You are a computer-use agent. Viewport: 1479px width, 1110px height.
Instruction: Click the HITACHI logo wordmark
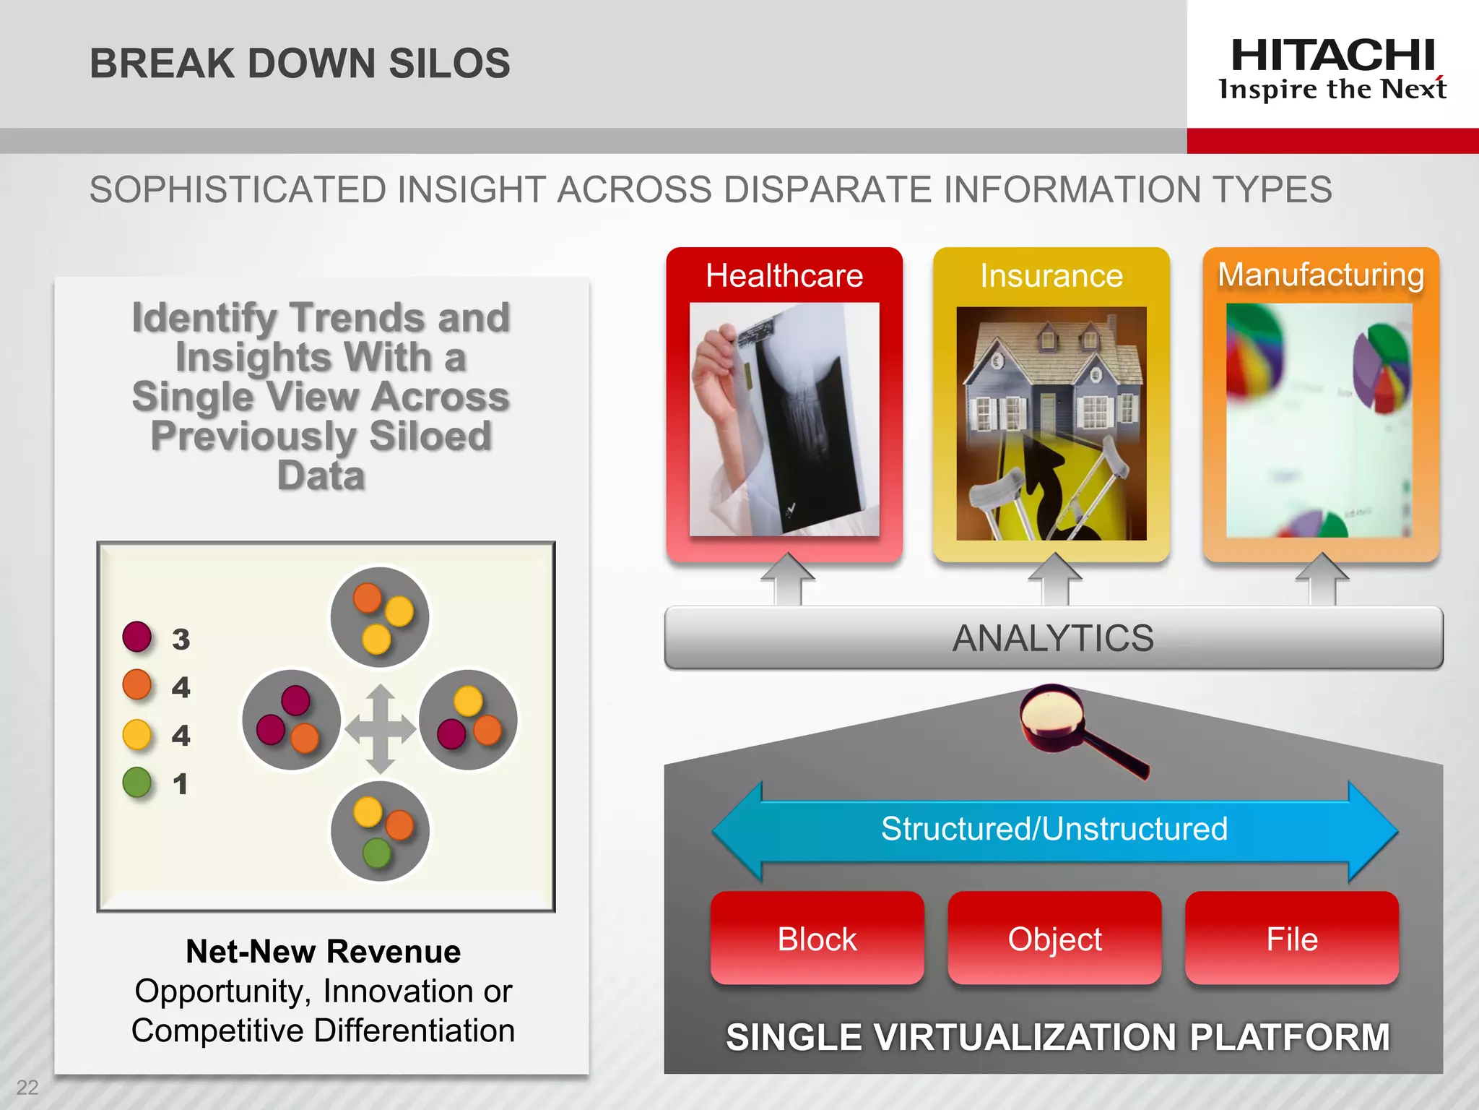pyautogui.click(x=1332, y=56)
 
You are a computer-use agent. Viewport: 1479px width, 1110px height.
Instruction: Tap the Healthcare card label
pyautogui.click(x=784, y=276)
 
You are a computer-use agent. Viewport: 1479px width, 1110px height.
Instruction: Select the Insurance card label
pyautogui.click(x=1051, y=276)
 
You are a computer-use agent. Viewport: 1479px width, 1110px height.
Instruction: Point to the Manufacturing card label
pyautogui.click(x=1321, y=275)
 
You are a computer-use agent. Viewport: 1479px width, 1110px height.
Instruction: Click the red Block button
pyautogui.click(x=817, y=939)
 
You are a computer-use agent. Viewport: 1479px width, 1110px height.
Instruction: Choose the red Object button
pyautogui.click(x=1054, y=939)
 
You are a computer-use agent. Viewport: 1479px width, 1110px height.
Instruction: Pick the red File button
pyautogui.click(x=1292, y=939)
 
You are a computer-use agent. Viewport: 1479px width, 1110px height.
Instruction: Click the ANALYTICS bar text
pyautogui.click(x=1053, y=638)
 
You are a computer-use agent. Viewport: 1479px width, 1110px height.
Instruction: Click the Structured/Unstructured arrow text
pyautogui.click(x=1054, y=829)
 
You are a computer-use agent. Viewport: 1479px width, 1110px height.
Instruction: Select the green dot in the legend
pyautogui.click(x=137, y=782)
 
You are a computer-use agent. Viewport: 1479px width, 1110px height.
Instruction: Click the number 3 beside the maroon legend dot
pyautogui.click(x=181, y=640)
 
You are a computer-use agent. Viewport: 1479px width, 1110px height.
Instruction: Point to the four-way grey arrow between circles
pyautogui.click(x=381, y=728)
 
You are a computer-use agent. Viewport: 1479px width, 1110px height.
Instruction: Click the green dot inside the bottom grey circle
pyautogui.click(x=377, y=853)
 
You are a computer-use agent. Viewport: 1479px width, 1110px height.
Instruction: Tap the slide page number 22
pyautogui.click(x=27, y=1087)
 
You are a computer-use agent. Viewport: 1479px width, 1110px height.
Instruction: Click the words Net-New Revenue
pyautogui.click(x=323, y=952)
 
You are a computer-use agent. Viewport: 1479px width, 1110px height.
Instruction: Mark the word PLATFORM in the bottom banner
pyautogui.click(x=1289, y=1038)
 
